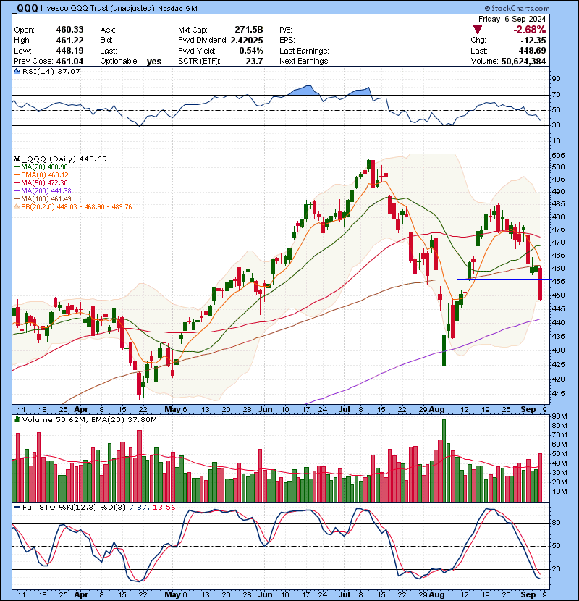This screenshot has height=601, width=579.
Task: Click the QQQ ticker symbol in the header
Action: pyautogui.click(x=27, y=7)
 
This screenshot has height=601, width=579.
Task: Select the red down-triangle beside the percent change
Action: pyautogui.click(x=477, y=29)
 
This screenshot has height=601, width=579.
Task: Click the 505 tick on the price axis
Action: pyautogui.click(x=559, y=155)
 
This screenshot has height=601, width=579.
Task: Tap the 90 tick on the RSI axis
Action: pyautogui.click(x=557, y=78)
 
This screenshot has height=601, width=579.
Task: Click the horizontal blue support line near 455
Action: pyautogui.click(x=499, y=280)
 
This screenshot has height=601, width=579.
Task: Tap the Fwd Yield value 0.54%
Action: pyautogui.click(x=250, y=51)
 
